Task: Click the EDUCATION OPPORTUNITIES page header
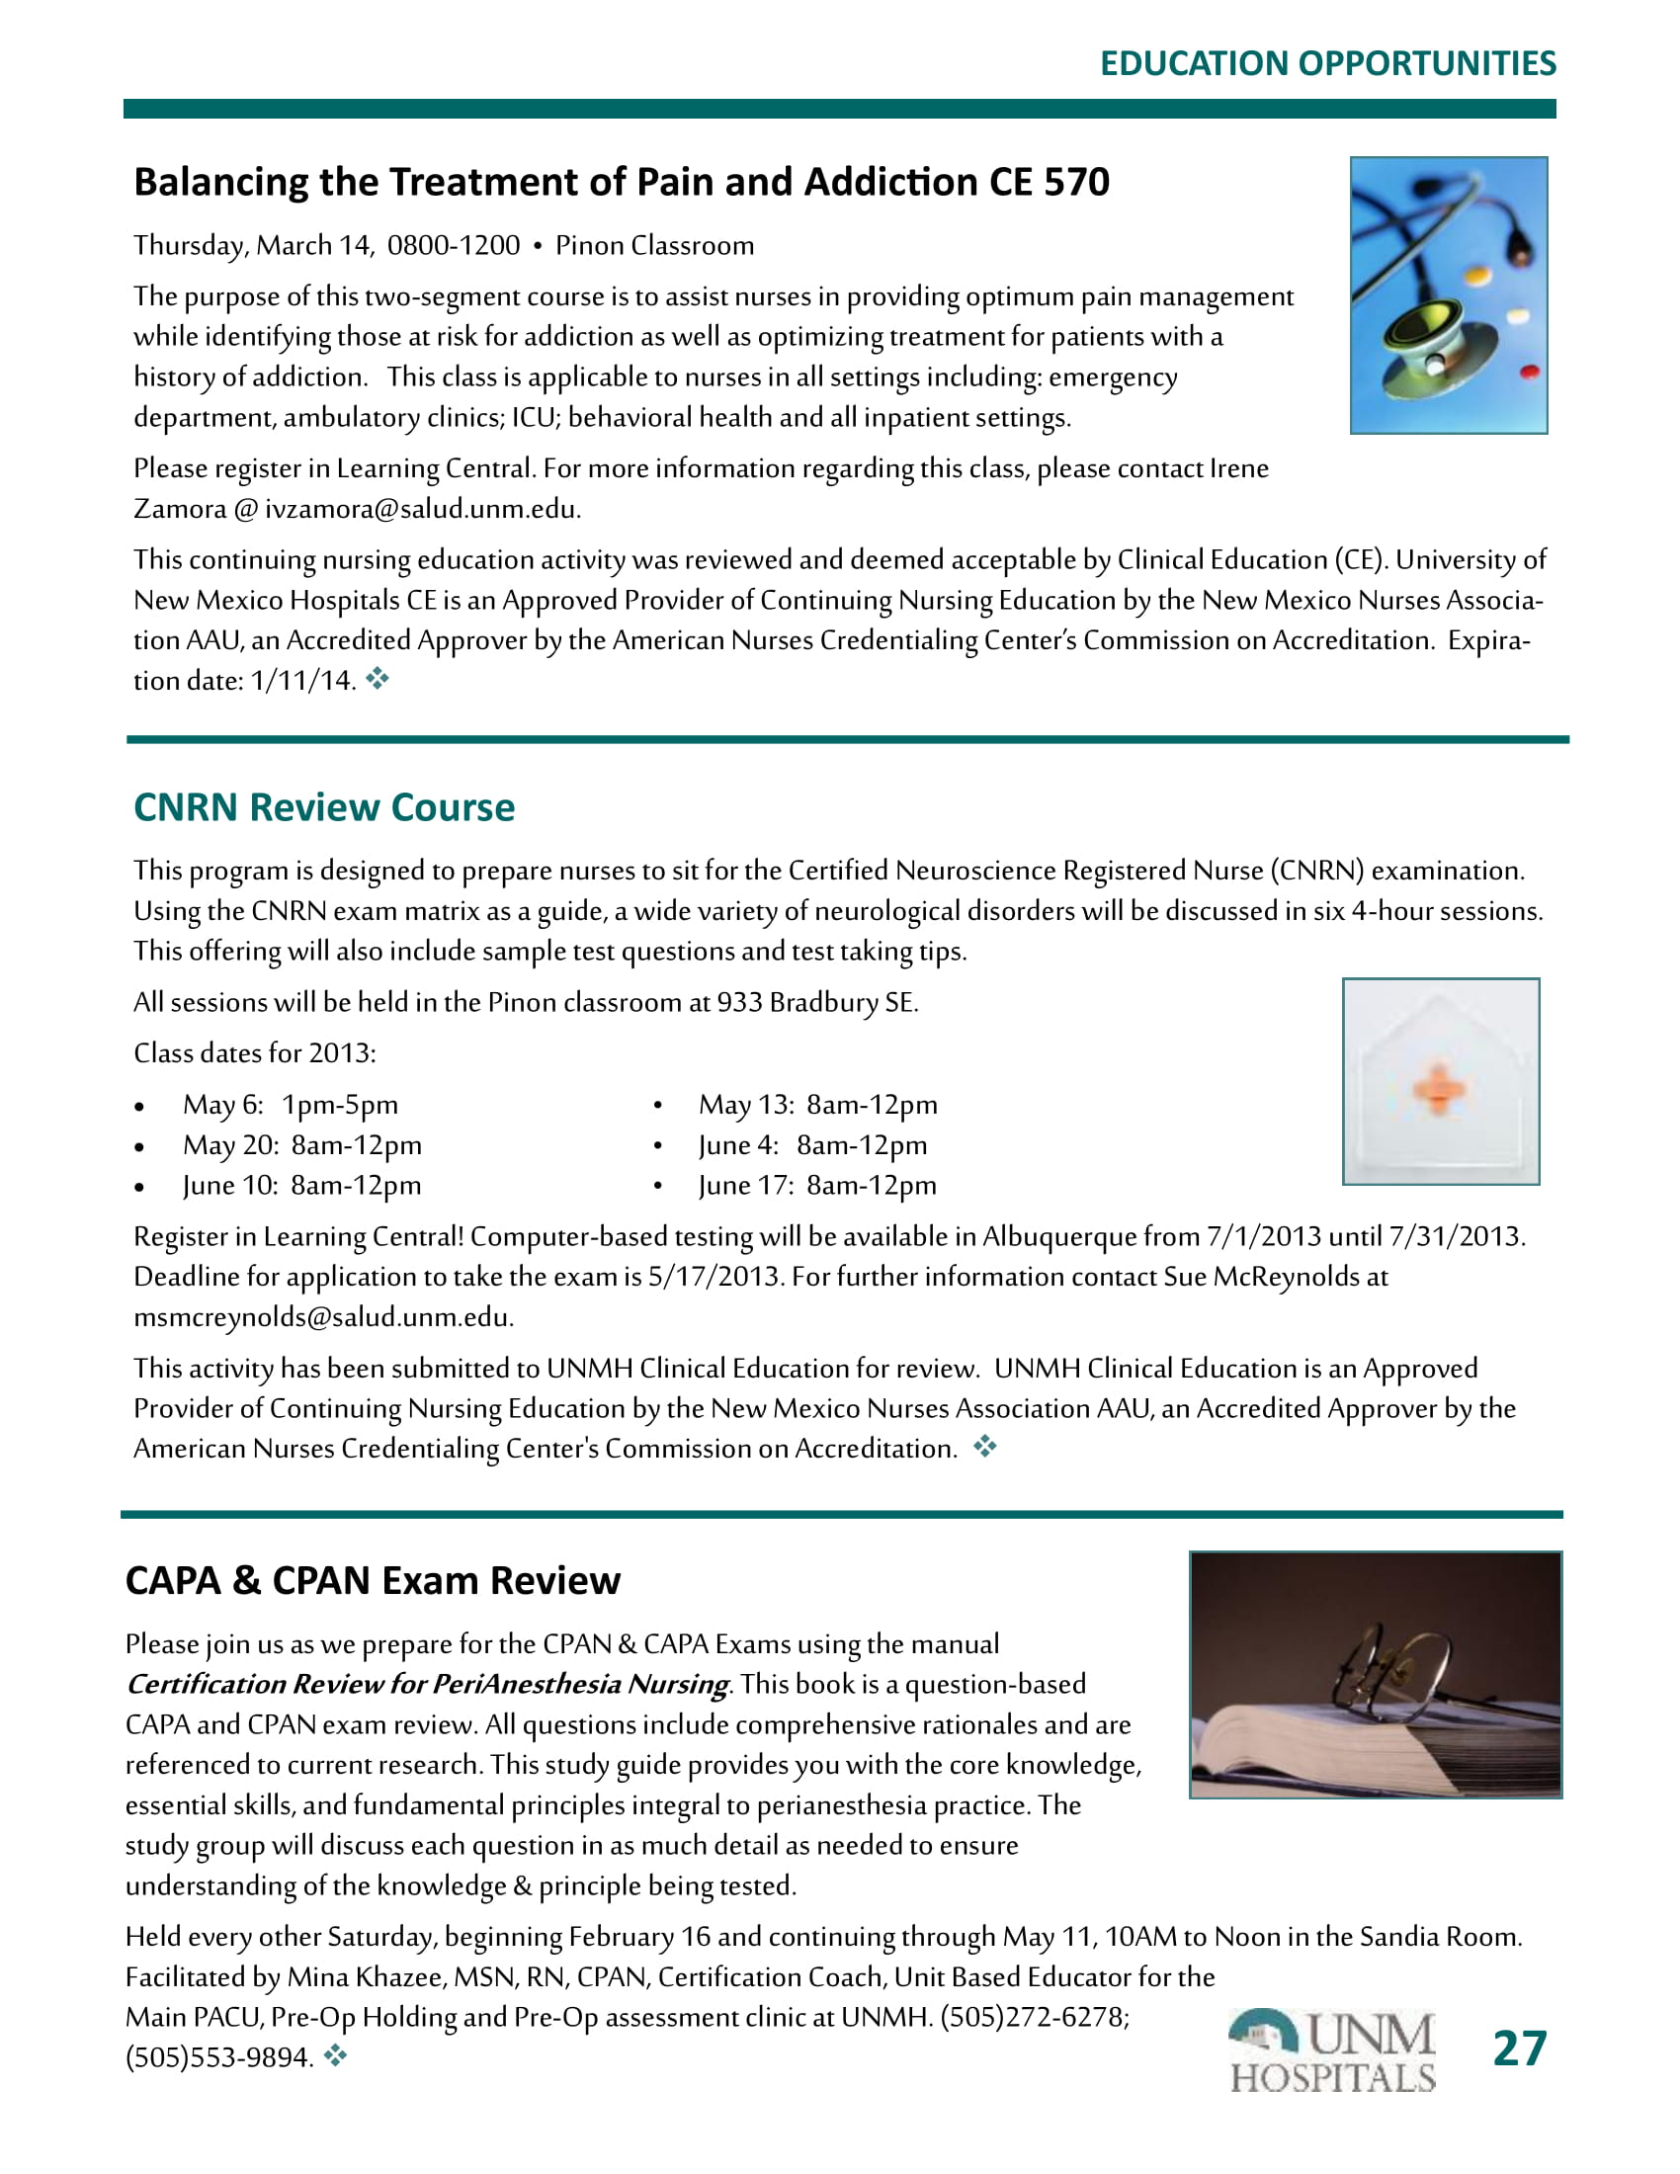tap(1326, 63)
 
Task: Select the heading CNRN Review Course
tap(324, 807)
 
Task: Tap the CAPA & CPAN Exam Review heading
tap(373, 1581)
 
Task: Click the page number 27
tap(1520, 2049)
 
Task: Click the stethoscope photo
tap(1448, 294)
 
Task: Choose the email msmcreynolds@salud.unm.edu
tap(322, 1318)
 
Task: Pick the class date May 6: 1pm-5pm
tap(290, 1105)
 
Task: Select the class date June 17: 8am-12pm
tap(817, 1186)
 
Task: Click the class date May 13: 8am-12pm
tap(817, 1105)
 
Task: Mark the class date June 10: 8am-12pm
tap(301, 1186)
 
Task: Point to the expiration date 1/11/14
tap(301, 681)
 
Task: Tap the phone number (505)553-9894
tap(219, 2057)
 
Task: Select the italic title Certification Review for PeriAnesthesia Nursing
tap(428, 1684)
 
